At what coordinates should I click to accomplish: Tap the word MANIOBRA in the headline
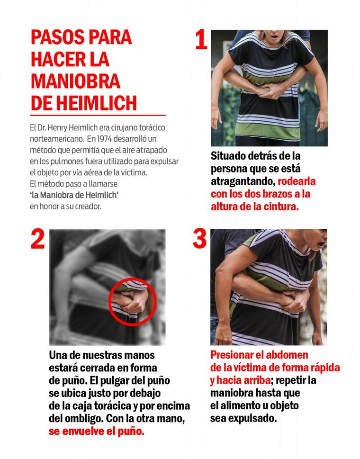coord(75,81)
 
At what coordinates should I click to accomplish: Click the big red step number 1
coord(201,40)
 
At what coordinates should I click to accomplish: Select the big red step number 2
coord(38,239)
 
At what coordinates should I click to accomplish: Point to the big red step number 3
coord(199,239)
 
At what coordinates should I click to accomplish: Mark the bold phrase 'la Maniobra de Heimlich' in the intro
coord(74,195)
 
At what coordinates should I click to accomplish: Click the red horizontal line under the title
coord(98,115)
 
